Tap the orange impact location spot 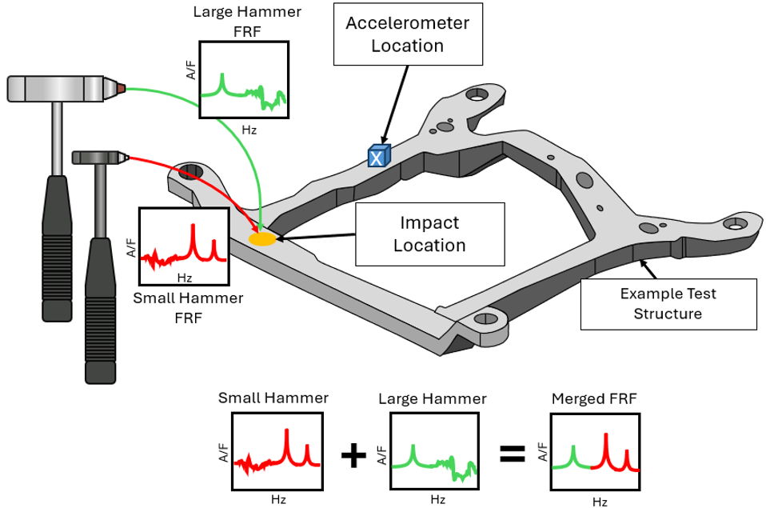(262, 238)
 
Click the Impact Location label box (430, 234)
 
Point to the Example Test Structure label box (668, 303)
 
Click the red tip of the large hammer (119, 86)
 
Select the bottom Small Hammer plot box (277, 451)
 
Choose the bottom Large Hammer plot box (436, 451)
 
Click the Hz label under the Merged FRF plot (599, 502)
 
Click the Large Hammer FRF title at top (237, 20)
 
